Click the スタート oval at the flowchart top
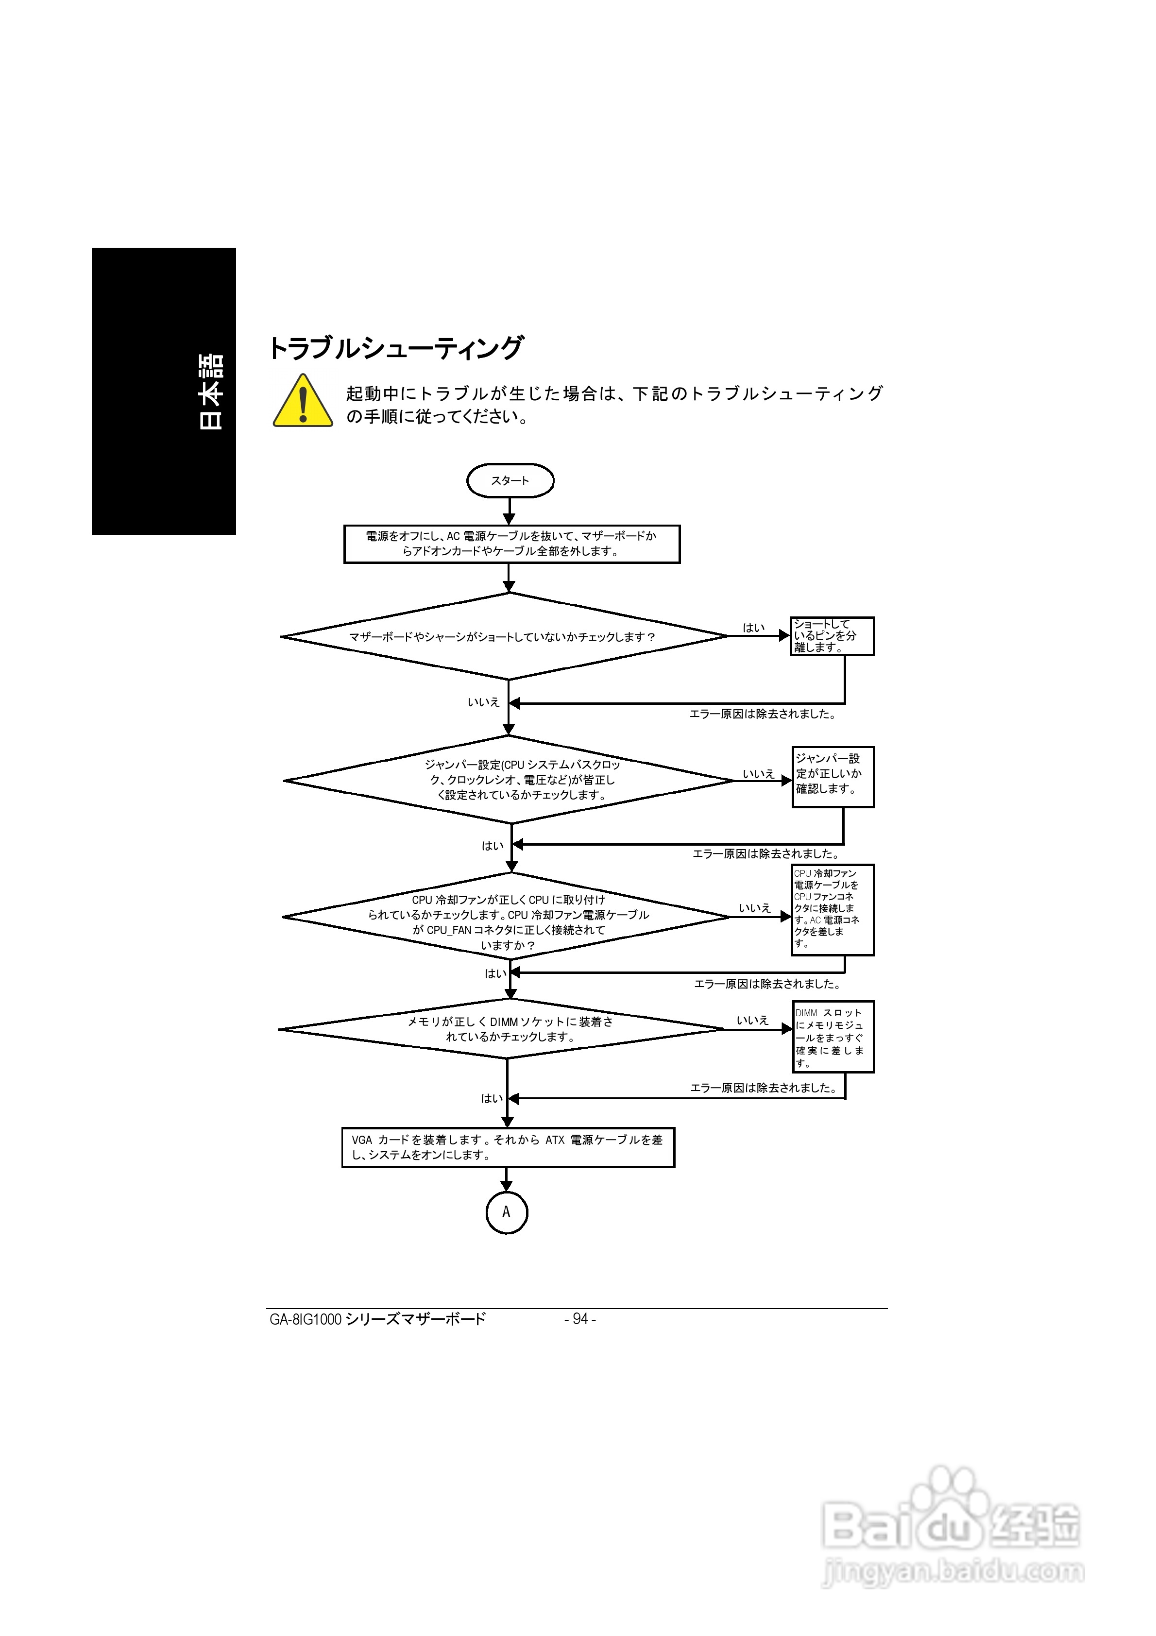pos(510,480)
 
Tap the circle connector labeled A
pos(507,1212)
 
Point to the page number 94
pos(580,1319)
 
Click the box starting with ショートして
pos(832,635)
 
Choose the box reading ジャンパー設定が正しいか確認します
pos(833,777)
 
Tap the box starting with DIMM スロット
pos(833,1037)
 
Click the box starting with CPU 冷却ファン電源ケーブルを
pos(833,910)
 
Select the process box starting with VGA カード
pos(508,1147)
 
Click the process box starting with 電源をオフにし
pos(512,544)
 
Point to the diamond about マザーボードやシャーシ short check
pos(505,636)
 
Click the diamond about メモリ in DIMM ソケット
pos(501,1029)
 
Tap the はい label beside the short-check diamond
pos(753,628)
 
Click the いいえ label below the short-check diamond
pos(483,702)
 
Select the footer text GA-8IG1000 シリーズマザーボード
pos(378,1319)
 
